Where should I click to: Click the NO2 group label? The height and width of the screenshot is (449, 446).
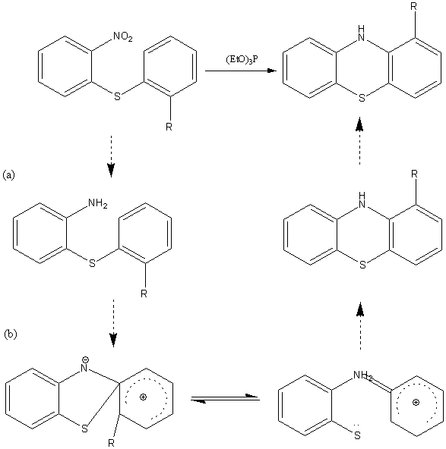(123, 37)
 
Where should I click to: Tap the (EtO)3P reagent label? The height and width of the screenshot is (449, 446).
(242, 60)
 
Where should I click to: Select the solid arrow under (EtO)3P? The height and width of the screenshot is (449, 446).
(241, 71)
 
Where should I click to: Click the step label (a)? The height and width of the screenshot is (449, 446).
(8, 174)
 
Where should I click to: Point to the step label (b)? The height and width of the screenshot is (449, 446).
(11, 334)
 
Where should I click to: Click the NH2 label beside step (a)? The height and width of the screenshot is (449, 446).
(98, 203)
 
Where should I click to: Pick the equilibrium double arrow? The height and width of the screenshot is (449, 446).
(225, 398)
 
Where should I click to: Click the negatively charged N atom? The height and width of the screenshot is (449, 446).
(84, 368)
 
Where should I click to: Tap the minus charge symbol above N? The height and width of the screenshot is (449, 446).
(86, 360)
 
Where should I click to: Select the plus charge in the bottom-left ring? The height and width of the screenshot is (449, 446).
(143, 397)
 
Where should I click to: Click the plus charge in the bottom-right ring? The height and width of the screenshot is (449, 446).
(416, 402)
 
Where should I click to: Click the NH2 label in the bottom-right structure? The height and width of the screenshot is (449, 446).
(363, 375)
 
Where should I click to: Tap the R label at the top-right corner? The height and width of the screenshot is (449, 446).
(413, 7)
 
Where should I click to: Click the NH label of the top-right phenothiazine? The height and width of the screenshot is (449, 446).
(362, 33)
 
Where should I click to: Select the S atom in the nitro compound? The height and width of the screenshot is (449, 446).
(117, 96)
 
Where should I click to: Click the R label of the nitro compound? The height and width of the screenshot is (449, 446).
(169, 127)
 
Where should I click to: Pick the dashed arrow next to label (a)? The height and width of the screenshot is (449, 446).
(111, 157)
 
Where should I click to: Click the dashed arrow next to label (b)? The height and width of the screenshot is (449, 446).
(113, 323)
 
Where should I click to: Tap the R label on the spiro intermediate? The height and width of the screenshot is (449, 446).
(111, 443)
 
